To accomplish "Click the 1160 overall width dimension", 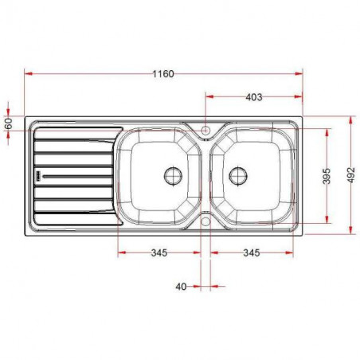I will (x=162, y=73).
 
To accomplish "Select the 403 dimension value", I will (x=253, y=97).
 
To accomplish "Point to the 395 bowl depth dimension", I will (x=326, y=176).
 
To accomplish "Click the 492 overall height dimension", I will (x=351, y=176).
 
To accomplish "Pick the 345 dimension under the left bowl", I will (x=158, y=253).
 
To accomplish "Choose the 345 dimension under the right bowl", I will (x=251, y=253).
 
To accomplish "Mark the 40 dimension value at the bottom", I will (x=181, y=286).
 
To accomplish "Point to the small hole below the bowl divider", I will (x=205, y=221).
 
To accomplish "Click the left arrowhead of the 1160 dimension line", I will (x=29, y=73).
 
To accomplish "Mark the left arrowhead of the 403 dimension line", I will (x=209, y=97).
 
